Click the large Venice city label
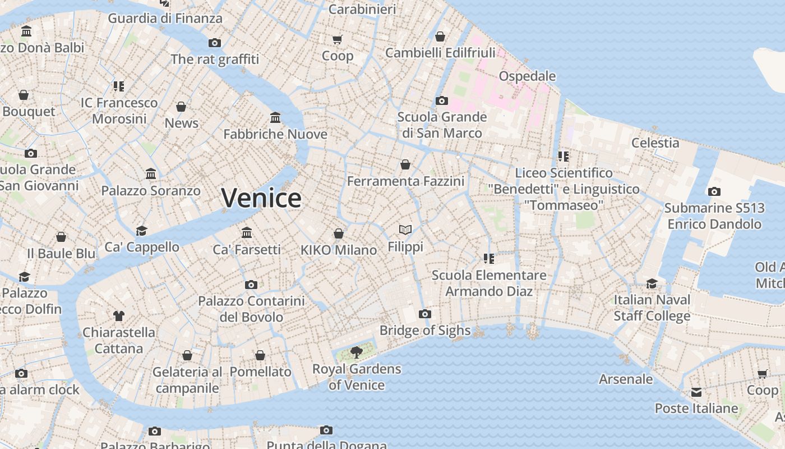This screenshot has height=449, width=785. pyautogui.click(x=261, y=198)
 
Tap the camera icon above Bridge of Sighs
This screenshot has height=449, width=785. pyautogui.click(x=425, y=314)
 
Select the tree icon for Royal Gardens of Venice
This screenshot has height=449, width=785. pyautogui.click(x=356, y=352)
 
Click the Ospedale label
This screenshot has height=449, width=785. pyautogui.click(x=527, y=76)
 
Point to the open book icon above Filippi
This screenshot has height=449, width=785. pyautogui.click(x=405, y=230)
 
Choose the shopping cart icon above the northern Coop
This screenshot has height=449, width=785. pyautogui.click(x=337, y=39)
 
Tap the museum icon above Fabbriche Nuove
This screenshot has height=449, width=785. pyautogui.click(x=275, y=117)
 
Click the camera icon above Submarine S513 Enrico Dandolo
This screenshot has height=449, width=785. pyautogui.click(x=714, y=191)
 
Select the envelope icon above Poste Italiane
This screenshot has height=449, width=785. pyautogui.click(x=696, y=392)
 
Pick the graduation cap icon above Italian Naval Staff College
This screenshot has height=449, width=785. pyautogui.click(x=652, y=283)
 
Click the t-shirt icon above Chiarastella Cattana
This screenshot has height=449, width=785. pyautogui.click(x=118, y=315)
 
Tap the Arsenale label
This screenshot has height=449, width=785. pyautogui.click(x=626, y=379)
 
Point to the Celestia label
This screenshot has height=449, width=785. pyautogui.click(x=655, y=143)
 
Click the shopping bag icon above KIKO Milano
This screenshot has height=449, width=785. pyautogui.click(x=339, y=233)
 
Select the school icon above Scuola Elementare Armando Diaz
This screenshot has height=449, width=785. pyautogui.click(x=488, y=258)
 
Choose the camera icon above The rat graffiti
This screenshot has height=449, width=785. pyautogui.click(x=214, y=43)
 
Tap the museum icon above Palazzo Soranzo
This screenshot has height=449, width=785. pyautogui.click(x=151, y=174)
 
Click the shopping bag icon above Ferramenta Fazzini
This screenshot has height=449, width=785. pyautogui.click(x=405, y=164)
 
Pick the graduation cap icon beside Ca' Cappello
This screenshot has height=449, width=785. pyautogui.click(x=141, y=231)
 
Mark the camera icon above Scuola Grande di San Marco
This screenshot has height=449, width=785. pyautogui.click(x=442, y=100)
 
